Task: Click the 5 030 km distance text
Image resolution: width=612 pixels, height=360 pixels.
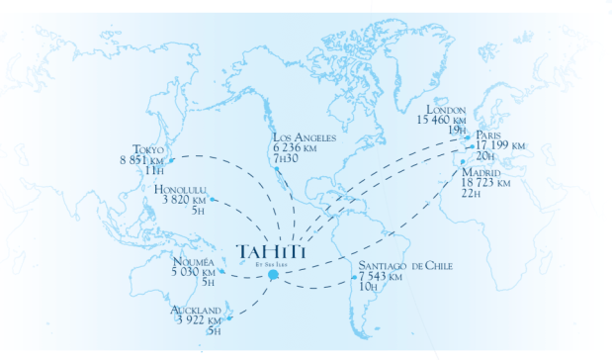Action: click(x=193, y=271)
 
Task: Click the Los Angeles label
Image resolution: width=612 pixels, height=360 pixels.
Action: click(x=306, y=138)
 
